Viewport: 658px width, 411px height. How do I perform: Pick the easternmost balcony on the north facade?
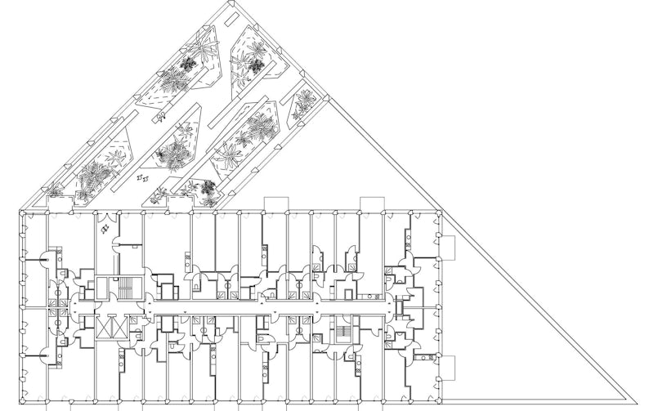(x=372, y=203)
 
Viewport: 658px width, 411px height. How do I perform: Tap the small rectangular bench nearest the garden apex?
(x=222, y=34)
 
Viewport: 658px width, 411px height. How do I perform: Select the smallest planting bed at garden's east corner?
(x=305, y=101)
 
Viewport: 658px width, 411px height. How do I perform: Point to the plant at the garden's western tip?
(x=55, y=189)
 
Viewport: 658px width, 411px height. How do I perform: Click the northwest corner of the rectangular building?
(x=20, y=212)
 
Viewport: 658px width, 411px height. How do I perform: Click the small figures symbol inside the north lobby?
(x=106, y=230)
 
